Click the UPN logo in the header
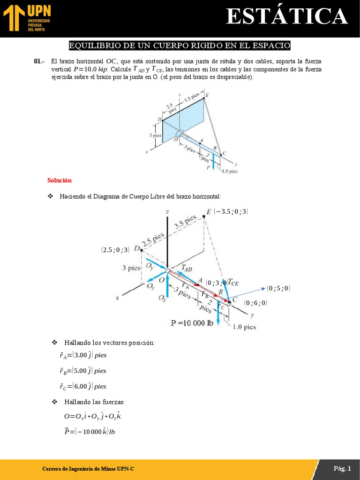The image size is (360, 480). [x=26, y=18]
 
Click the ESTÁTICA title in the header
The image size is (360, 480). [x=287, y=17]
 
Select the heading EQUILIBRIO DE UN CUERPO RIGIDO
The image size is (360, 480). [x=180, y=45]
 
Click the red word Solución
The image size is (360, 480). [x=60, y=180]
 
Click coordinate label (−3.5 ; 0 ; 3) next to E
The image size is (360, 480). [x=231, y=212]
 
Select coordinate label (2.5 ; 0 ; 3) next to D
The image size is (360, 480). [x=115, y=250]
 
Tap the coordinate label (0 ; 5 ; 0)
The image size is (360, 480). [x=278, y=288]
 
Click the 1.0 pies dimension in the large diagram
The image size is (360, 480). [x=244, y=327]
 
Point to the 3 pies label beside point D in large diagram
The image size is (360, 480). [x=131, y=268]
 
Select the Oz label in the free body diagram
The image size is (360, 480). [x=162, y=298]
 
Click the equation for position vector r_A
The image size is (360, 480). [x=83, y=355]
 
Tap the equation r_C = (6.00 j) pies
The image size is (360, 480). [x=83, y=386]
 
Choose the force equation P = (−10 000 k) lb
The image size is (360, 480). [x=90, y=432]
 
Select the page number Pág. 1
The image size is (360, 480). [x=342, y=468]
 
